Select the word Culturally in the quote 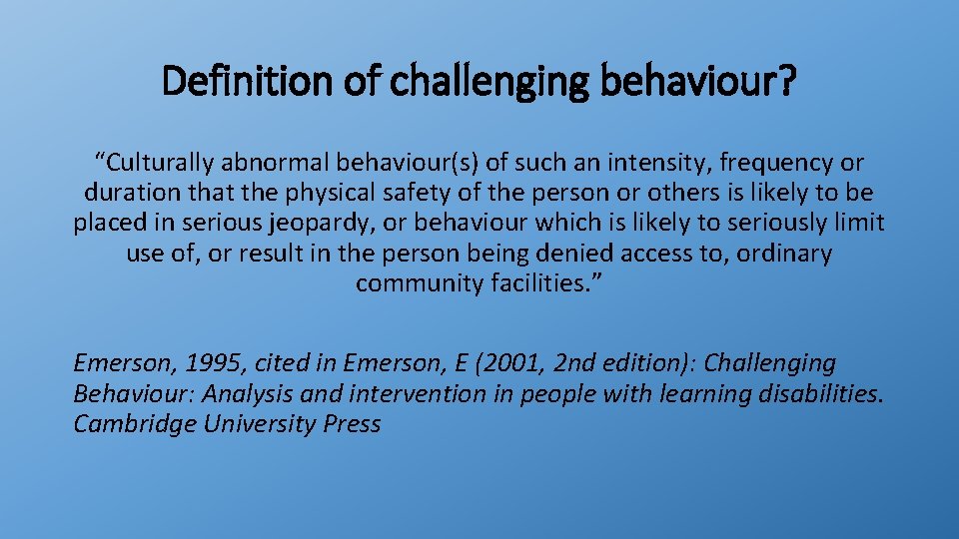click(156, 162)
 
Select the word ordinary click(783, 254)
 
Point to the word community click(419, 283)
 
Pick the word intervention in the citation click(408, 393)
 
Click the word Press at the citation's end click(352, 424)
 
